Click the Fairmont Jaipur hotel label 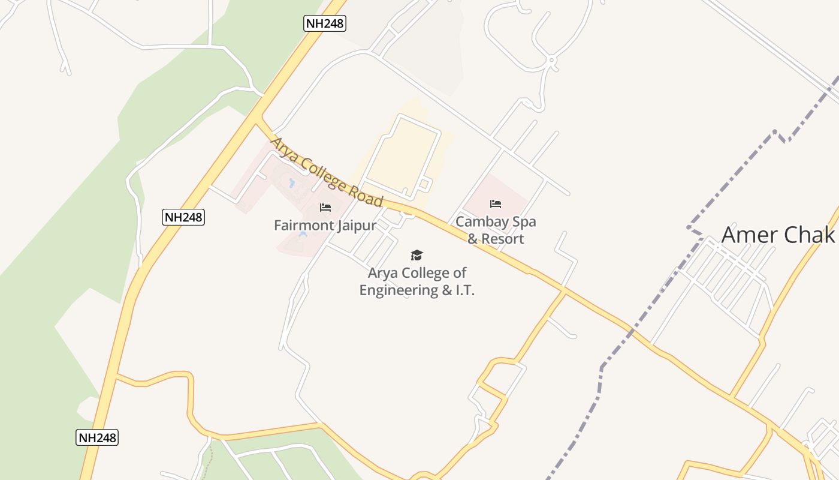coord(325,226)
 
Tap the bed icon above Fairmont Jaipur coord(325,208)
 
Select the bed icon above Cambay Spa coord(496,204)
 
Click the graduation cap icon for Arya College coord(417,256)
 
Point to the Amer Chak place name coord(778,235)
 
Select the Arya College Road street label coord(327,172)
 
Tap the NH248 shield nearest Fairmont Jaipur coord(183,217)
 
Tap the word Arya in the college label coord(382,273)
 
